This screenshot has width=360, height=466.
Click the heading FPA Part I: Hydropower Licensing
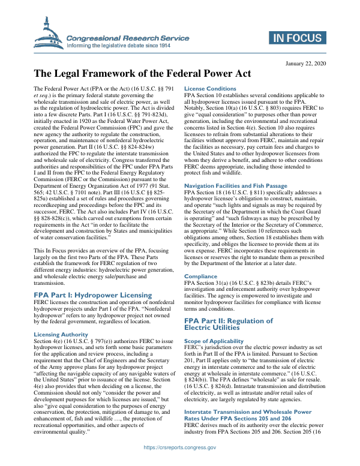pyautogui.click(x=92, y=295)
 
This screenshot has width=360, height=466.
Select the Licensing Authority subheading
pyautogui.click(x=61, y=334)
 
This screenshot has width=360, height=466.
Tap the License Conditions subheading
pyautogui.click(x=210, y=89)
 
